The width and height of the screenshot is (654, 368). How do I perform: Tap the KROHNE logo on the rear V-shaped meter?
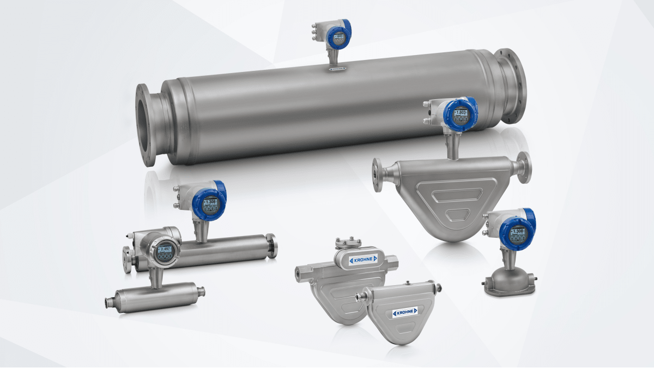(361, 259)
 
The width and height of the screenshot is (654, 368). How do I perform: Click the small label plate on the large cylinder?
(337, 69)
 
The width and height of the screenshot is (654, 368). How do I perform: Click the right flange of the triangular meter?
(524, 168)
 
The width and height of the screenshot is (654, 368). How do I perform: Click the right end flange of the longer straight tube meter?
(271, 246)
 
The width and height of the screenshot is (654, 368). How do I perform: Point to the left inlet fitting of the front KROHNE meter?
(361, 297)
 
